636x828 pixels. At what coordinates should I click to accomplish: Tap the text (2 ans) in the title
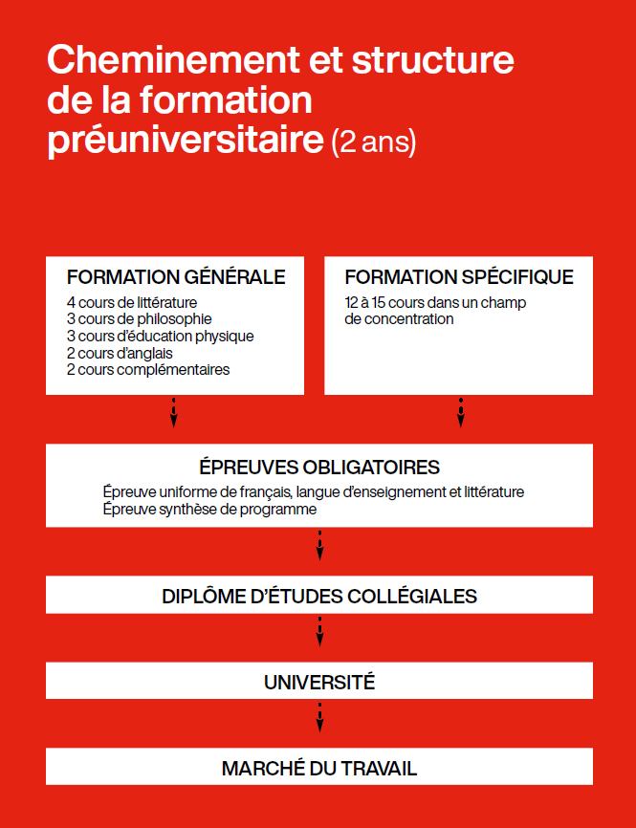point(374,142)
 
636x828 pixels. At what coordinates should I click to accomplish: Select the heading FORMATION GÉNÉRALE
point(176,277)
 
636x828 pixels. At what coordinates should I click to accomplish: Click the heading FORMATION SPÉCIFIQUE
point(459,277)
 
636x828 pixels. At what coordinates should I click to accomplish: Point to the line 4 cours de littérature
point(132,303)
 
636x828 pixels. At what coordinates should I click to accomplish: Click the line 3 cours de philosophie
point(140,318)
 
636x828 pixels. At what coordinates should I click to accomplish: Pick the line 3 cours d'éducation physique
point(161,336)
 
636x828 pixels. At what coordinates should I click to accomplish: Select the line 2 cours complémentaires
point(148,369)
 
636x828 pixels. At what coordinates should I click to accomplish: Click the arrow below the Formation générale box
point(174,413)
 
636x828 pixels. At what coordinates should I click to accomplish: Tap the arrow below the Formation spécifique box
point(461,413)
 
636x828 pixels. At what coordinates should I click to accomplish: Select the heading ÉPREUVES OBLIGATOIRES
point(319,468)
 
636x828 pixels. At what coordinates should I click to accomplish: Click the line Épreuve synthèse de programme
point(209,510)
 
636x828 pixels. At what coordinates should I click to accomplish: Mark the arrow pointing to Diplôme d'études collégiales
point(319,546)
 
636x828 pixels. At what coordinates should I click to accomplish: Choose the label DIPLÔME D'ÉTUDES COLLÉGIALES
point(319,597)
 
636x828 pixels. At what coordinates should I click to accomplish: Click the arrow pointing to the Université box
point(319,632)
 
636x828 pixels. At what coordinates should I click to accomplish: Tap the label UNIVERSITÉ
point(319,683)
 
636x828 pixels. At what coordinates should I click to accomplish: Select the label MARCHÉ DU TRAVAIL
point(319,768)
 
